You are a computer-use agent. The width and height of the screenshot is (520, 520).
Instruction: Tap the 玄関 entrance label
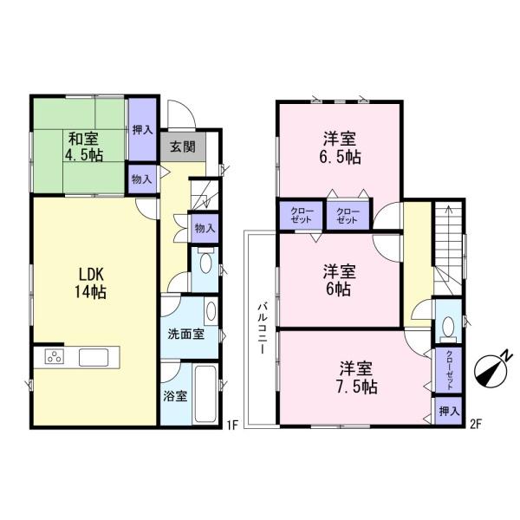[181, 146]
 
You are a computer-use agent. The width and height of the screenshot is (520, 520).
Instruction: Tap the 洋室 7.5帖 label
[356, 376]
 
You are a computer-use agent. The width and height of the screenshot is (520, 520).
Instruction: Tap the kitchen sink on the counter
[93, 357]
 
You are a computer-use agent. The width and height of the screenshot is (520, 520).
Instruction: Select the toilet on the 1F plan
[205, 264]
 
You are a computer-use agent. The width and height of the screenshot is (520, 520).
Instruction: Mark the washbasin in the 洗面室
[210, 312]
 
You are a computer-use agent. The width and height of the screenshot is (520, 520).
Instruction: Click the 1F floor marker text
[232, 424]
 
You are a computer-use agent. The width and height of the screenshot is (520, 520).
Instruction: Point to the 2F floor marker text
[475, 424]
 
